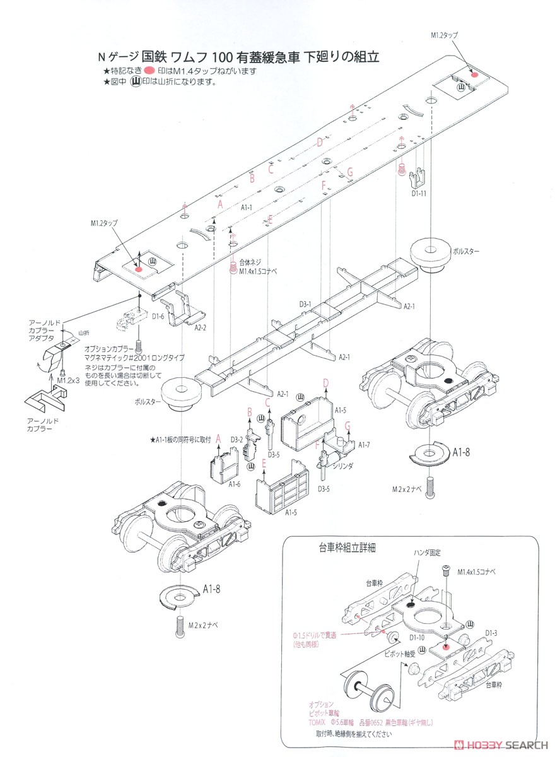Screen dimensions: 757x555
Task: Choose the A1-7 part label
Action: coord(364,445)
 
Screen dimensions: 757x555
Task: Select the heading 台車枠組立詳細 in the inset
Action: coord(341,548)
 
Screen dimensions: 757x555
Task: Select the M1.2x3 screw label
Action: coord(68,381)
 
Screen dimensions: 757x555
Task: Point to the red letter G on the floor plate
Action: coord(350,172)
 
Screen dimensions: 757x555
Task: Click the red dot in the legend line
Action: coord(149,71)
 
